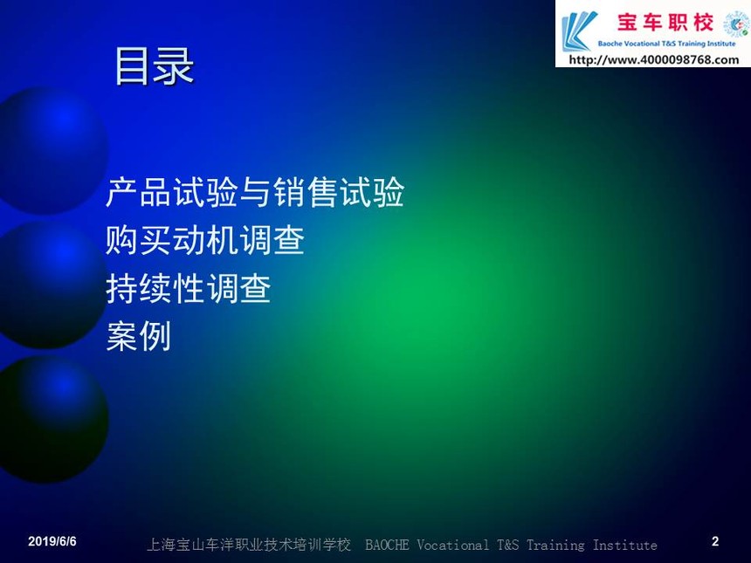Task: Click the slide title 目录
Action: (155, 66)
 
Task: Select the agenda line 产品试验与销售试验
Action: (255, 192)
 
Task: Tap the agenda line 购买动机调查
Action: (205, 240)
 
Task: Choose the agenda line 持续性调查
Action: (189, 288)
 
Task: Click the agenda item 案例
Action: (139, 336)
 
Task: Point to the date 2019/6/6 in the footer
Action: (52, 541)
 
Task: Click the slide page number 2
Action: (715, 541)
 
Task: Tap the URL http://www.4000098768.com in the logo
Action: (654, 60)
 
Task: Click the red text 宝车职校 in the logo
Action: (665, 22)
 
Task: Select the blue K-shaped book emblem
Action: (579, 31)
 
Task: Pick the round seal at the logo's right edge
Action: (736, 24)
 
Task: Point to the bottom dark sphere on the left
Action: (52, 419)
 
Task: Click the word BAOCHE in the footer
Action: (387, 545)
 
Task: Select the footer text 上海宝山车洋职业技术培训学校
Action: (249, 545)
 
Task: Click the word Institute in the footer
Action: (624, 545)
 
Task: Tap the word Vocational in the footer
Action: (452, 545)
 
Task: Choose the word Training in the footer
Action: (555, 546)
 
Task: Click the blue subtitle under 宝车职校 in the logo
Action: (666, 44)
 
